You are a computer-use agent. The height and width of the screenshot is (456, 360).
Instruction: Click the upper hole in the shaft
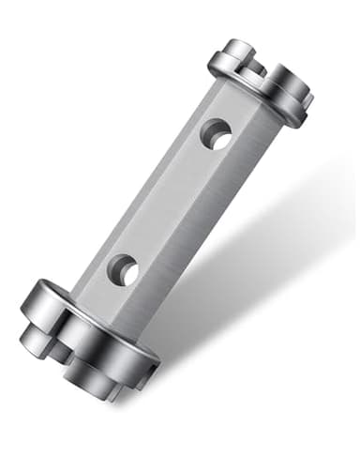217,134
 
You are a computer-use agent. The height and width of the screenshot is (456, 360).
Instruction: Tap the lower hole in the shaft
124,270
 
